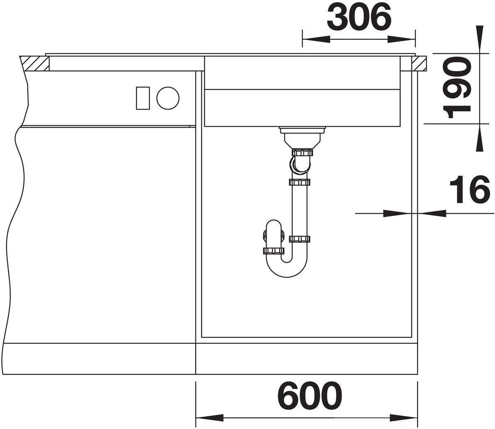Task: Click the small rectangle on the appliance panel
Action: tap(143, 98)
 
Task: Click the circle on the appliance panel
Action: tap(168, 98)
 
